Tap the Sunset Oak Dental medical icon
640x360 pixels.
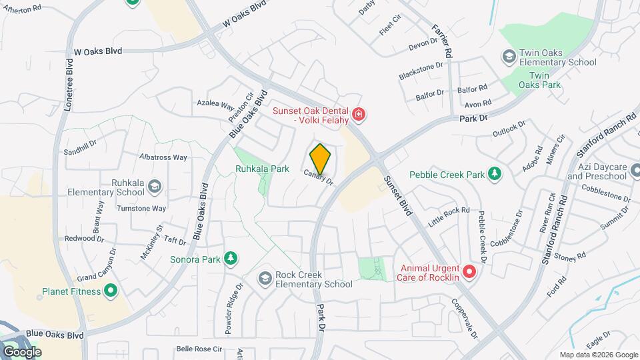click(359, 115)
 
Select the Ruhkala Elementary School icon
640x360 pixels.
click(155, 185)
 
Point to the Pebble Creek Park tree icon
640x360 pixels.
click(494, 175)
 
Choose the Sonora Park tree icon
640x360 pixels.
click(231, 258)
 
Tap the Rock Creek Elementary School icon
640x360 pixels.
click(265, 277)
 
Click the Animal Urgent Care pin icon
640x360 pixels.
click(469, 272)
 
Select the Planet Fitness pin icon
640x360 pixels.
click(111, 291)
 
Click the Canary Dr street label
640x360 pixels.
click(318, 177)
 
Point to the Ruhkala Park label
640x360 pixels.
click(262, 169)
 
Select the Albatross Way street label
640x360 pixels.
click(163, 157)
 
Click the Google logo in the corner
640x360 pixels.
click(22, 351)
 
